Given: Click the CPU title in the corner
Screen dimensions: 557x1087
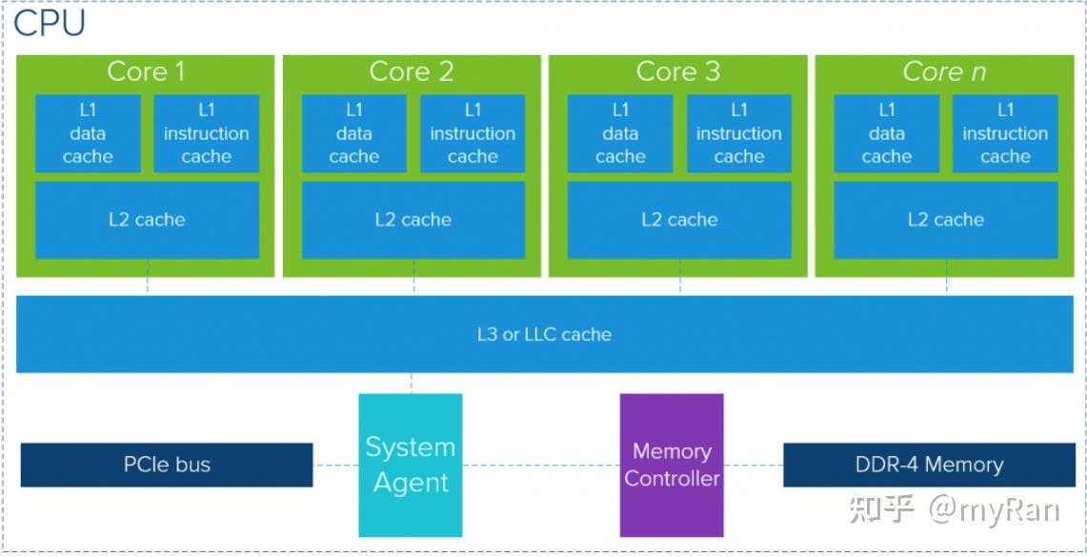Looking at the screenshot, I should click(50, 24).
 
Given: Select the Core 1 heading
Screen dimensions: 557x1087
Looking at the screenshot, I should click(146, 71).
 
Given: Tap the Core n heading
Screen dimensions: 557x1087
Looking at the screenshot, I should click(945, 71).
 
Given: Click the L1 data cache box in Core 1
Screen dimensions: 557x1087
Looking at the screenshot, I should click(88, 133).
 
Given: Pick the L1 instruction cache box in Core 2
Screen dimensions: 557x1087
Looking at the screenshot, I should click(473, 133).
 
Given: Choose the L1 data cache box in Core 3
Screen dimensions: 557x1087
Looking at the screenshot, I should click(620, 133).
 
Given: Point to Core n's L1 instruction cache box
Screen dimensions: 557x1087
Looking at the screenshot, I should click(1005, 133).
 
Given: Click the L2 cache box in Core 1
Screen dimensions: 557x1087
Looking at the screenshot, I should click(147, 220).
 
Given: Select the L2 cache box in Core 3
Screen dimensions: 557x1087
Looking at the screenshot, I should click(679, 220).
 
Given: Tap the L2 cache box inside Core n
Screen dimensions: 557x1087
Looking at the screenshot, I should click(946, 220).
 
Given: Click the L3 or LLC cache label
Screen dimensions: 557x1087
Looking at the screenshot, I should click(544, 334).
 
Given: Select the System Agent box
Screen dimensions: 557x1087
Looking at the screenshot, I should click(411, 465).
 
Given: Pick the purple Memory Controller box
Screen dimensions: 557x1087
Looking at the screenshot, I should click(672, 465).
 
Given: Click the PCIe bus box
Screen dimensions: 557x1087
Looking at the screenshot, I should click(167, 465).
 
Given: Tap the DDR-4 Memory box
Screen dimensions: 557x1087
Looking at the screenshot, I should click(929, 465).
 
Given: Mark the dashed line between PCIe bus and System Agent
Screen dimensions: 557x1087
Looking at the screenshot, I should click(335, 466).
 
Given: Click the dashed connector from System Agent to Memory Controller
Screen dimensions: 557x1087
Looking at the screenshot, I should click(541, 466).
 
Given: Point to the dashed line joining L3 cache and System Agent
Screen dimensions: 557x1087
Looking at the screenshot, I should click(412, 383).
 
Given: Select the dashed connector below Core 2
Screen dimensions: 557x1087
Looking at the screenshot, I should click(413, 286).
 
